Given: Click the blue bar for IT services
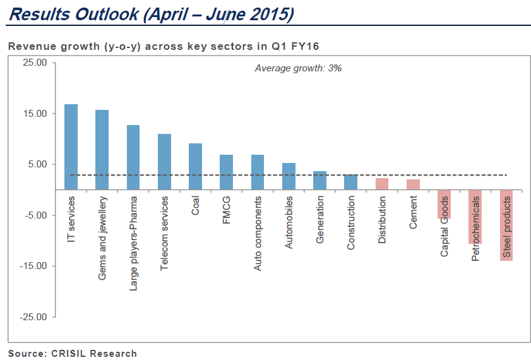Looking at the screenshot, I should pyautogui.click(x=71, y=147).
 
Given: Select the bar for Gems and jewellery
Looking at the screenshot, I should pyautogui.click(x=102, y=150).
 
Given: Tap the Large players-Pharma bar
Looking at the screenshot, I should pyautogui.click(x=133, y=157).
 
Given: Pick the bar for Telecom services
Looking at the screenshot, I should pyautogui.click(x=164, y=162).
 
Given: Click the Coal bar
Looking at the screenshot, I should pyautogui.click(x=195, y=166).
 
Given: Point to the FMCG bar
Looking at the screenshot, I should pyautogui.click(x=226, y=172).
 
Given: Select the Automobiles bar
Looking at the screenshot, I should pyautogui.click(x=289, y=176).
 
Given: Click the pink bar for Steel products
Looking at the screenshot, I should pyautogui.click(x=506, y=225).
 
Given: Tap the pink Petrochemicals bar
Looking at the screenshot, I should pyautogui.click(x=475, y=217).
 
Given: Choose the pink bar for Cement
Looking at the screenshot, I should pyautogui.click(x=413, y=184).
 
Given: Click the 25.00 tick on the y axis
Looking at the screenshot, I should pyautogui.click(x=34, y=63).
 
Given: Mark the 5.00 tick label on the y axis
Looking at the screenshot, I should pyautogui.click(x=37, y=164).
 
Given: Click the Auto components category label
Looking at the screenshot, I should pyautogui.click(x=258, y=234).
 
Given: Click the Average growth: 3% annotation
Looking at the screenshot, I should pyautogui.click(x=298, y=68).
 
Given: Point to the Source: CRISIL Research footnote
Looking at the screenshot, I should pyautogui.click(x=73, y=353).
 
